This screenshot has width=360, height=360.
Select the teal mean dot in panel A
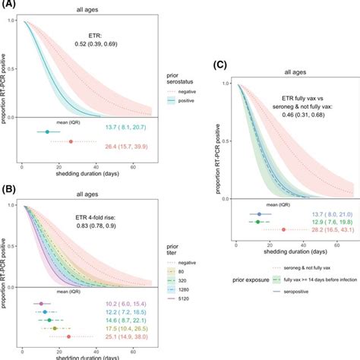[x=48, y=131]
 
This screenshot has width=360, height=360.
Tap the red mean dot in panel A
[x=71, y=141]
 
